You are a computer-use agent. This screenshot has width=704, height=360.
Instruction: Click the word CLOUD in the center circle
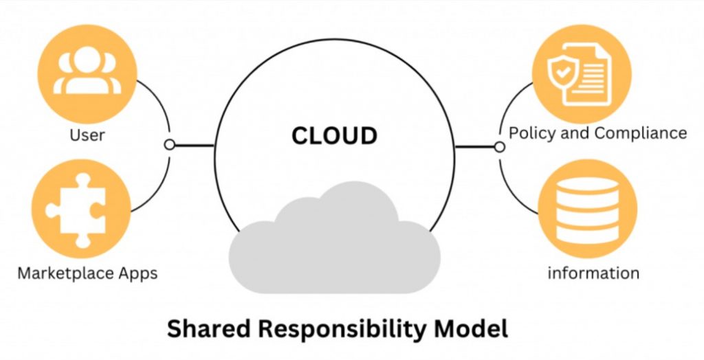[x=334, y=135]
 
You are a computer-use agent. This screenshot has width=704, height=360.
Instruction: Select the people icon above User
[x=87, y=71]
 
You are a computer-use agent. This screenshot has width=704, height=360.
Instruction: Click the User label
[x=87, y=135]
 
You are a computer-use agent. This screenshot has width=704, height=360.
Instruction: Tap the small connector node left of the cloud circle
[x=170, y=145]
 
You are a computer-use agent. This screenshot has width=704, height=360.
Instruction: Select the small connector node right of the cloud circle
[x=500, y=146]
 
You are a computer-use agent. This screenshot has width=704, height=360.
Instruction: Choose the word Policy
[x=531, y=133]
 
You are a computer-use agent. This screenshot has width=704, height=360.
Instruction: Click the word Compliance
[x=640, y=133]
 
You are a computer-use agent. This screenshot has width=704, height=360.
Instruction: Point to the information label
[x=593, y=273]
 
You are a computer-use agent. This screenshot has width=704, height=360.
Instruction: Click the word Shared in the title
[x=205, y=328]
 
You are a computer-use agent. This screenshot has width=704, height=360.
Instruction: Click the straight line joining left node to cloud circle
[x=194, y=145]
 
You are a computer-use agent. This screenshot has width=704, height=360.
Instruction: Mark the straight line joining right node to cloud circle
[x=475, y=146]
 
